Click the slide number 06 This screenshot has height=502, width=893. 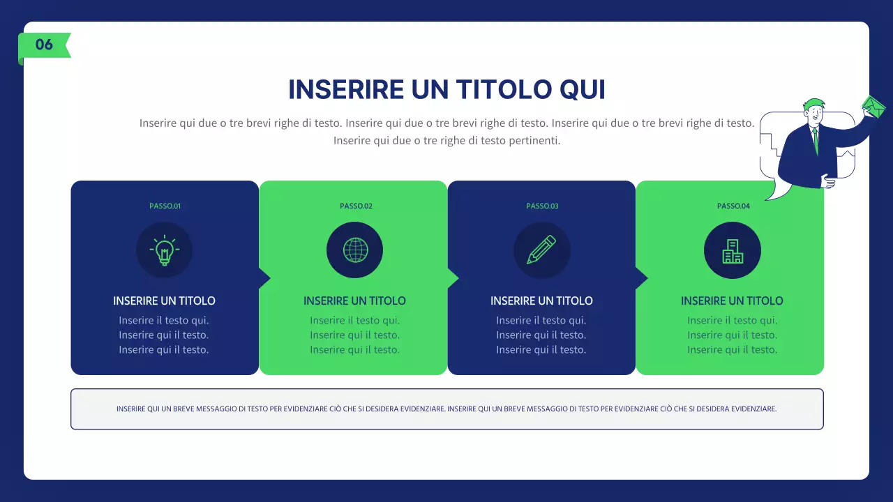click(44, 45)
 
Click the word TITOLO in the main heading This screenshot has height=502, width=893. click(495, 90)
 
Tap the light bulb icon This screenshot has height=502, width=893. click(164, 250)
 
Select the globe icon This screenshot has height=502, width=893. click(354, 250)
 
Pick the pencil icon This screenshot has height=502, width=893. click(541, 250)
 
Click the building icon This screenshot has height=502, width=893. click(732, 250)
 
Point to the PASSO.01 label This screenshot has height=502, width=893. click(165, 206)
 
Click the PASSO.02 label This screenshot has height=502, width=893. click(356, 206)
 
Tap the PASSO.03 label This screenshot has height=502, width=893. click(542, 206)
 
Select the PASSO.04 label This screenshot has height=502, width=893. click(733, 206)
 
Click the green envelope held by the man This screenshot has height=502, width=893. click(873, 107)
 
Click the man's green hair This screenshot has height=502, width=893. click(812, 104)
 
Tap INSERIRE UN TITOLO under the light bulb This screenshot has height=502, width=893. click(164, 301)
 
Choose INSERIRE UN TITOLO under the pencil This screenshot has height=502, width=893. click(541, 301)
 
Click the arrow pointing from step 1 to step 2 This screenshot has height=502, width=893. click(264, 278)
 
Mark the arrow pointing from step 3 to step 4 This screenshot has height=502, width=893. click(641, 278)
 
